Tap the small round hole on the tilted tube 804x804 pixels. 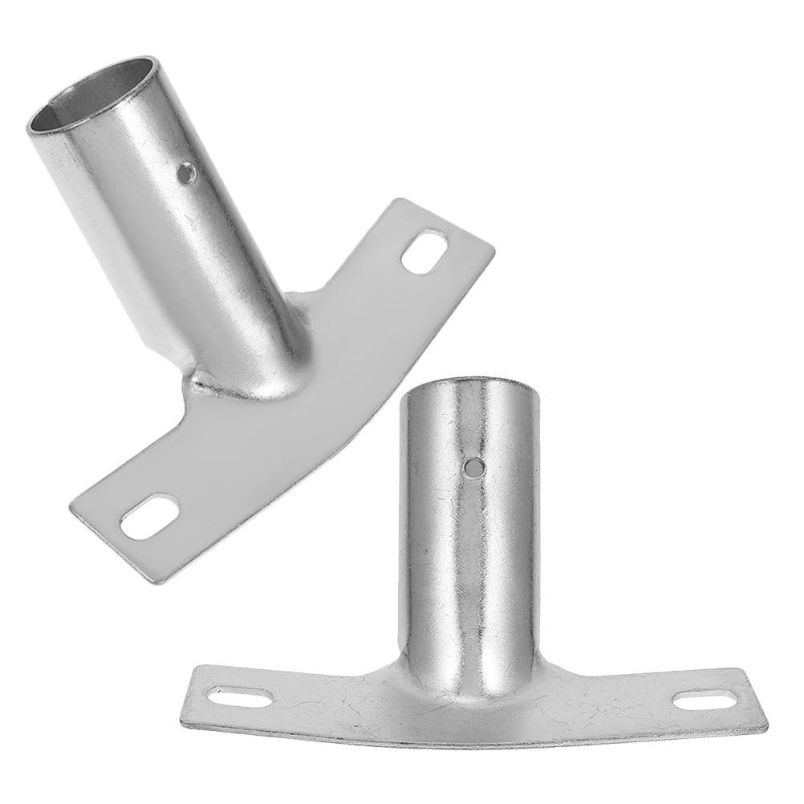(187, 171)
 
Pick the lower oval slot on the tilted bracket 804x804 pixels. (149, 517)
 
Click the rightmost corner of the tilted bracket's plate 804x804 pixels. (492, 247)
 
